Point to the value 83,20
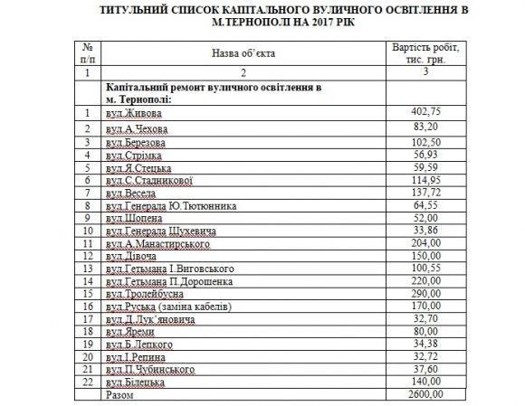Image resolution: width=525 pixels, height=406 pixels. pyautogui.click(x=426, y=128)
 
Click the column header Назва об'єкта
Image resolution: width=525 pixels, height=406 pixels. pyautogui.click(x=243, y=53)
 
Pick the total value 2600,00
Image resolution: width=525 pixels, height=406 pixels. pyautogui.click(x=426, y=394)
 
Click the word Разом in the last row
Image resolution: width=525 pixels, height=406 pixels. pyautogui.click(x=119, y=395)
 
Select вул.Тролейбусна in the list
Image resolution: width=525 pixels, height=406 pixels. pyautogui.click(x=145, y=294)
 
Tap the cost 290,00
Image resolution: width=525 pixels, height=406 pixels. pyautogui.click(x=426, y=293)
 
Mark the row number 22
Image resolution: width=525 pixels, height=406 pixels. pyautogui.click(x=88, y=382)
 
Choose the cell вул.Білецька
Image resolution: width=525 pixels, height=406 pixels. pyautogui.click(x=135, y=382)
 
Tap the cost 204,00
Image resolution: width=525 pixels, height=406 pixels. pyautogui.click(x=426, y=242)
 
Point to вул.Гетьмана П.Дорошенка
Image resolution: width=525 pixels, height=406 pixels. pyautogui.click(x=169, y=281)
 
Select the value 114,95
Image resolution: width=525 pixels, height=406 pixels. pyautogui.click(x=426, y=179)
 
